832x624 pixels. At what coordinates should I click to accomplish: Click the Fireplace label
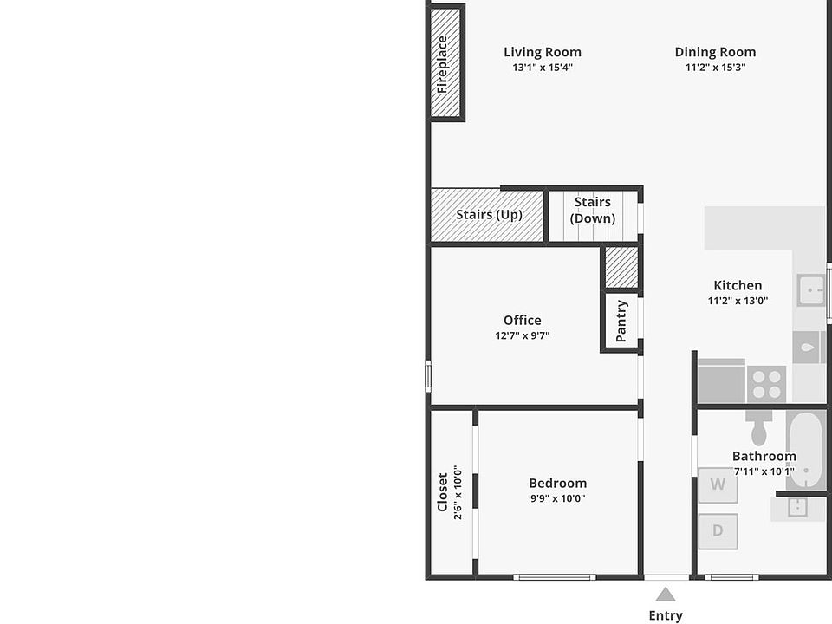pos(442,64)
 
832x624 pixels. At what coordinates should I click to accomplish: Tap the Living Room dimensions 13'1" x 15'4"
pos(543,68)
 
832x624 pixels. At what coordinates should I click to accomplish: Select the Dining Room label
pos(715,52)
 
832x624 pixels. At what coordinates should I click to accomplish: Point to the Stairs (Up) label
pos(489,214)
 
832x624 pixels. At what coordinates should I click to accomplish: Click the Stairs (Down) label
pos(593,210)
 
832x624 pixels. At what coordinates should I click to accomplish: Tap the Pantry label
pos(621,321)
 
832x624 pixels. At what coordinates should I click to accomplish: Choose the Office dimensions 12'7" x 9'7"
pos(522,335)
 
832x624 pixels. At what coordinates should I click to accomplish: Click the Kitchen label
pos(738,285)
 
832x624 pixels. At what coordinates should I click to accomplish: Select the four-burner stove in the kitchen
pos(767,384)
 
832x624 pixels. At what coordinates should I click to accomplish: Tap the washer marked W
pos(718,485)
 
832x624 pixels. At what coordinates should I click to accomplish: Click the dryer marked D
pos(718,531)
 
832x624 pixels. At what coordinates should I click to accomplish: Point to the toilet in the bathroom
pos(759,427)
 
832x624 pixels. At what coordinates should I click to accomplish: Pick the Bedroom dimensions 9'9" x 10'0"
pos(557,498)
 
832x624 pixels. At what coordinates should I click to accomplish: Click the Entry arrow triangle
pos(666,595)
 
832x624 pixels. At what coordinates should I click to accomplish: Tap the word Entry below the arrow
pos(666,615)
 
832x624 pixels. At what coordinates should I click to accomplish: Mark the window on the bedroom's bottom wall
pos(555,577)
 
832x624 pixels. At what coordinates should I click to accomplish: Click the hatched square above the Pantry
pos(621,268)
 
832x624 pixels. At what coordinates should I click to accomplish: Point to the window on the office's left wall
pos(428,377)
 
